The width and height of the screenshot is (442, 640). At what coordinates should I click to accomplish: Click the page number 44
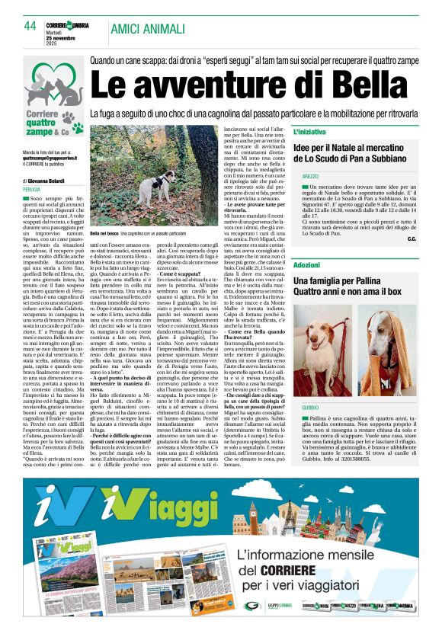tap(30, 25)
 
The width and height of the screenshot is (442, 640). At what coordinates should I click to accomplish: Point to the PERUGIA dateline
tap(32, 189)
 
